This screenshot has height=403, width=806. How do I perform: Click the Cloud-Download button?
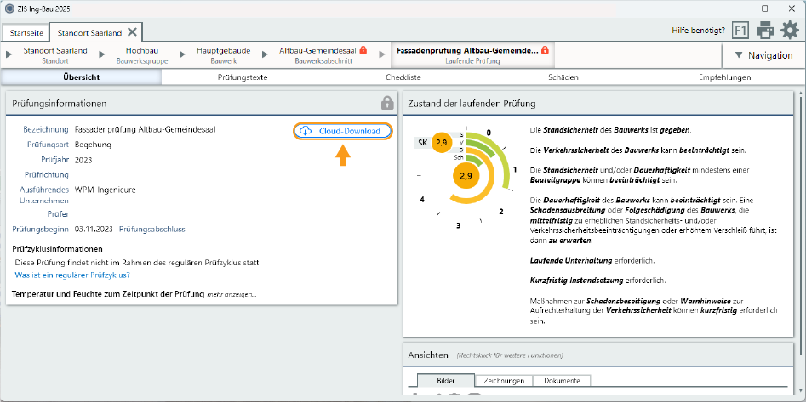coord(344,131)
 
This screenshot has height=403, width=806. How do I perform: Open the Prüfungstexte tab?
coord(243,77)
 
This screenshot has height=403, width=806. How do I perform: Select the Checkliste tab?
coord(403,77)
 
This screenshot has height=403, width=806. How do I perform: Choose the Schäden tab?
coord(563,77)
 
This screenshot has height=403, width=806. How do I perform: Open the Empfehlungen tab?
coord(724,77)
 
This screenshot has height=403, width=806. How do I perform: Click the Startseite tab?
coord(25,32)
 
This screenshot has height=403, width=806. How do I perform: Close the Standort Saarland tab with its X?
coord(133,32)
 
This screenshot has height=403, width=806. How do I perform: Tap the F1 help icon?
coord(740,31)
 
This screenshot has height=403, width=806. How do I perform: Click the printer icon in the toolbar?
coord(765,31)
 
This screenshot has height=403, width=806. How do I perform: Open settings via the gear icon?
coord(790,31)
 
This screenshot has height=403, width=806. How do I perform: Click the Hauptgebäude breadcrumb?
coord(223,55)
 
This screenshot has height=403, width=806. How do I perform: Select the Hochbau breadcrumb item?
coord(142,55)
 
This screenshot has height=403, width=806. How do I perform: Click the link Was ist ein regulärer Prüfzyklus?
coord(72,275)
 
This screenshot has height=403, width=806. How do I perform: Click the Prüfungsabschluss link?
coord(151,229)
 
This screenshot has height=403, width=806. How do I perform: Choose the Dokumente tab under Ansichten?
coord(562,381)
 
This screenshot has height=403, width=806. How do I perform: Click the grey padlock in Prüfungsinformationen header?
coord(387,103)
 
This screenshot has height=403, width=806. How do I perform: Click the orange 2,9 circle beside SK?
coord(441,142)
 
